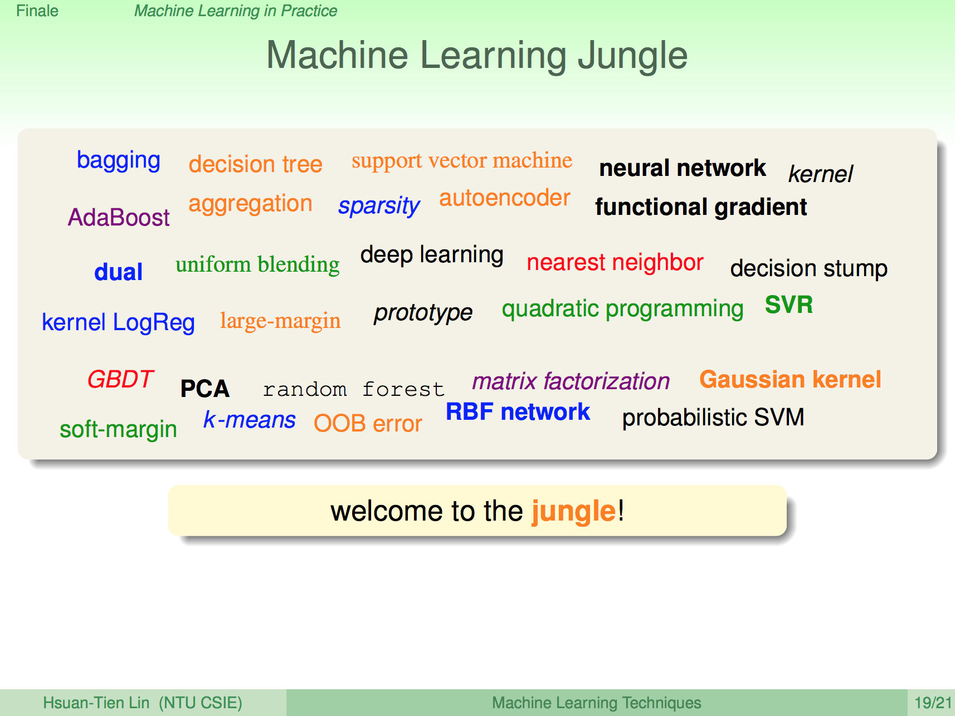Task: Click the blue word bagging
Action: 119,161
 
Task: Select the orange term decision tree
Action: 255,164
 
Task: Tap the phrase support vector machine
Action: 462,160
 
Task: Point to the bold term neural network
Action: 683,168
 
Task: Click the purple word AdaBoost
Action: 119,217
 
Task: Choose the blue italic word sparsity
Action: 379,206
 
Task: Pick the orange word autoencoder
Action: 505,198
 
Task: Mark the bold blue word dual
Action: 119,272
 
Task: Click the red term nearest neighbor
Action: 615,262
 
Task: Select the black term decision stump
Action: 809,268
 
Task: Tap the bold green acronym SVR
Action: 789,305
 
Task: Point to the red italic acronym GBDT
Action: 120,379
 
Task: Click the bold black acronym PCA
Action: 205,389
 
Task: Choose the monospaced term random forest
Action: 354,389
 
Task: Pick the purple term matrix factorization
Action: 571,381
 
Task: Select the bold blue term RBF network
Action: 518,412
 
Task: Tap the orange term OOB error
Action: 368,424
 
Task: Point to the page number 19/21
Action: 933,703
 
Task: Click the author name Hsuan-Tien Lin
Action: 96,703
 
